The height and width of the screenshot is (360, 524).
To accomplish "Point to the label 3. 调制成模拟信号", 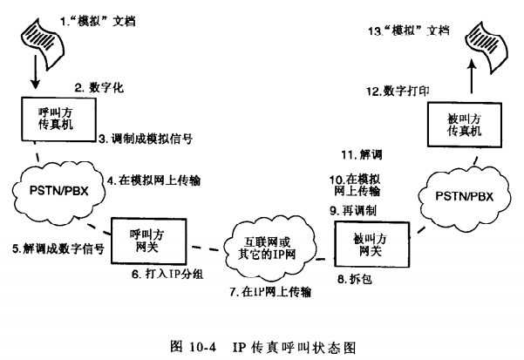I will (x=144, y=139).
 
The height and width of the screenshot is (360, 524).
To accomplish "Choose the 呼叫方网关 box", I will (x=146, y=241).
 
